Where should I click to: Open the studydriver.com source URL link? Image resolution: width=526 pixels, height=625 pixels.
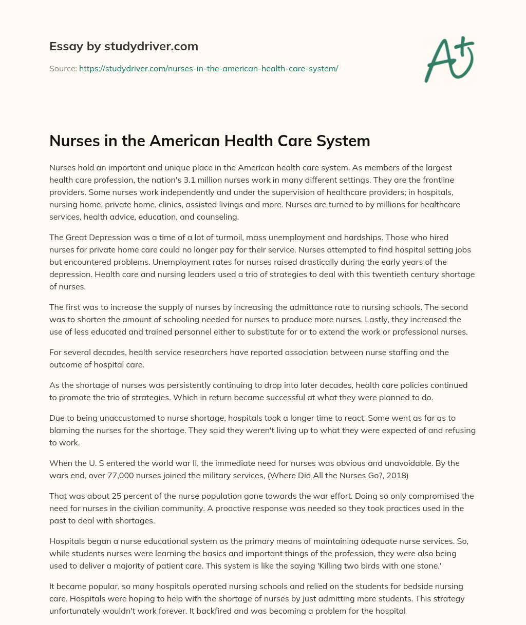pyautogui.click(x=209, y=68)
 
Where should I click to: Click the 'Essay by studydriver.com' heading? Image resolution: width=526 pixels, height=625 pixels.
pyautogui.click(x=123, y=46)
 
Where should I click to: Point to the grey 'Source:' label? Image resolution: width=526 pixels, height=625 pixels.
pyautogui.click(x=63, y=68)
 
